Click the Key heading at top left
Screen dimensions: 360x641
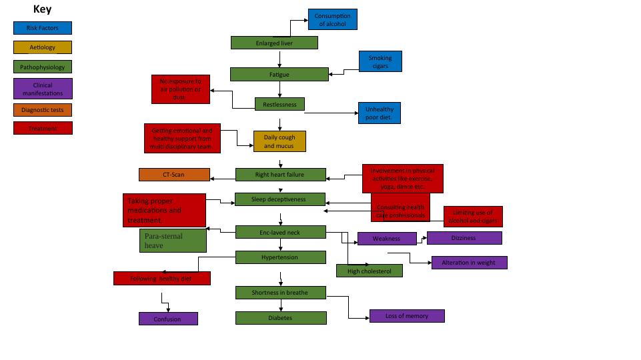pos(42,9)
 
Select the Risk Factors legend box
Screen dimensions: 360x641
pos(42,28)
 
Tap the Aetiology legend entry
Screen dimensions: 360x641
pos(42,47)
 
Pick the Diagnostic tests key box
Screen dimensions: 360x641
pos(42,110)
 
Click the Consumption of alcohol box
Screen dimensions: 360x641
pos(332,19)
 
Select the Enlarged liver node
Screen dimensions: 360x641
pos(274,43)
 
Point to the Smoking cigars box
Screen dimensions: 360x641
pos(380,61)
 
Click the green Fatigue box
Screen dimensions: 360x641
pos(279,74)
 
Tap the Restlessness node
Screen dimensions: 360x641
pos(279,104)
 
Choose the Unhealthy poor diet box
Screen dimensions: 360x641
pos(379,113)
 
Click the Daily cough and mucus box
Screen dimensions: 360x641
pos(279,141)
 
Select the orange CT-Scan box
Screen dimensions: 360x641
pos(173,175)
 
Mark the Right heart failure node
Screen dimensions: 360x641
pos(280,175)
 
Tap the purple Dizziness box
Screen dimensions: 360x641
pos(464,238)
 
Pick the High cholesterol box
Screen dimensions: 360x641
pos(369,271)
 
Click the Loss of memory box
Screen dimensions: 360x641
pos(407,316)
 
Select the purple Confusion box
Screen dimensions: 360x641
pos(168,319)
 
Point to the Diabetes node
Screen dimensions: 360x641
pos(281,318)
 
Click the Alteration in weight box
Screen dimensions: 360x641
pos(469,263)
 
